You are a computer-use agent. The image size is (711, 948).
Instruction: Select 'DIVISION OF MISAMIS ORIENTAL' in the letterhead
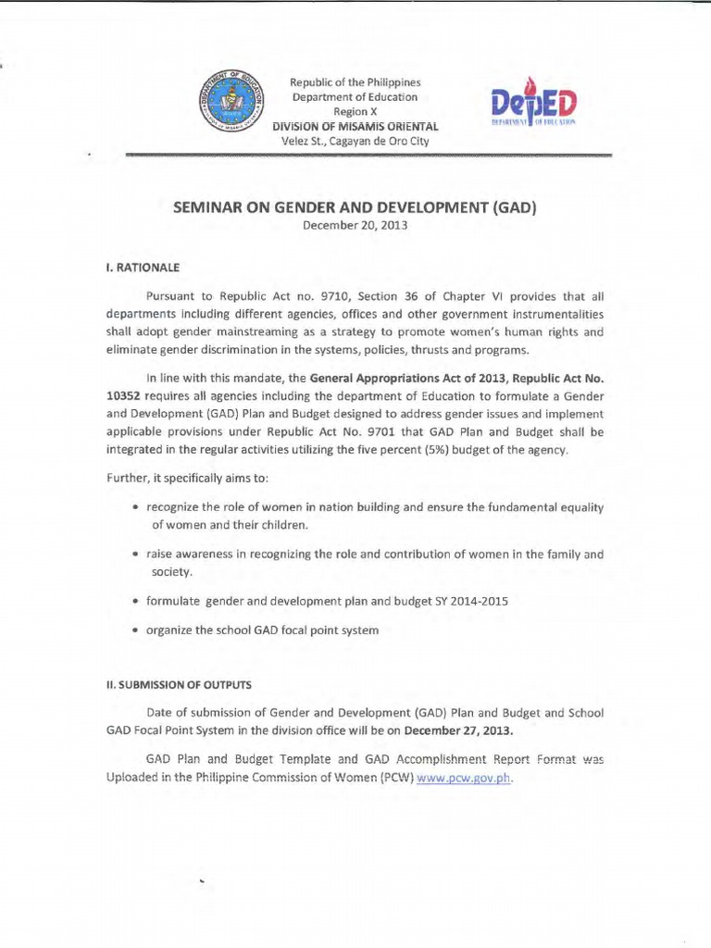(x=355, y=126)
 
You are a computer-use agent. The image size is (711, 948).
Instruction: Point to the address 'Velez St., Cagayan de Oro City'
(x=355, y=141)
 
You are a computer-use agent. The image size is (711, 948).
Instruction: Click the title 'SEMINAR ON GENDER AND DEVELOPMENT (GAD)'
(x=355, y=209)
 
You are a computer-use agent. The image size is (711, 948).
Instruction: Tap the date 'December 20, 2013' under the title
(x=355, y=225)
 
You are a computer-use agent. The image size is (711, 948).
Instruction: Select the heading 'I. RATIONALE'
(x=141, y=268)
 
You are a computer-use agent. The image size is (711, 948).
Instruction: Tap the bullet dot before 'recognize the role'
(x=137, y=507)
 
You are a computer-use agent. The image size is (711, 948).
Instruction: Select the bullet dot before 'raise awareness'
(x=137, y=555)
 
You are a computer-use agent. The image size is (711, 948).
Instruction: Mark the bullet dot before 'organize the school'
(x=137, y=630)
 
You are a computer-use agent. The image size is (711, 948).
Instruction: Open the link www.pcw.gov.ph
(x=464, y=778)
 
